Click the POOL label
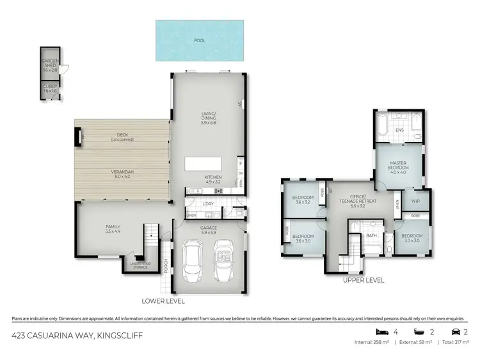click(200, 40)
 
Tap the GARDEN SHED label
click(50, 65)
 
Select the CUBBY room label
click(50, 89)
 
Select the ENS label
click(399, 130)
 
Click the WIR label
click(415, 200)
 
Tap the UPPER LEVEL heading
click(364, 280)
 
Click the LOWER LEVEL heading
click(164, 300)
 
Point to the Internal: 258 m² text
click(371, 343)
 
